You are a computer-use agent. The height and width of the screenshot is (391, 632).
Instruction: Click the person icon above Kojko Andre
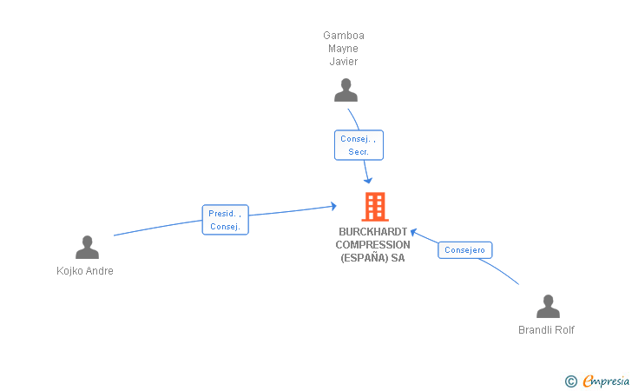(x=87, y=247)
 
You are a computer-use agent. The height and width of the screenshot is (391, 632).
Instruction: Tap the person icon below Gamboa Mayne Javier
(x=346, y=90)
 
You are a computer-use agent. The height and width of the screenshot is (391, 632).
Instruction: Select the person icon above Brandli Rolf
(x=548, y=306)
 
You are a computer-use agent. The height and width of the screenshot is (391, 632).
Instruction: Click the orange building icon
(x=375, y=207)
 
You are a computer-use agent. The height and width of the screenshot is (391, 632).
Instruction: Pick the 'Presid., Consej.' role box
(x=226, y=220)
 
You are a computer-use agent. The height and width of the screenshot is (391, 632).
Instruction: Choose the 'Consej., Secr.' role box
(x=359, y=145)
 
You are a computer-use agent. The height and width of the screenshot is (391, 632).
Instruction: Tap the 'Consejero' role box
(x=464, y=249)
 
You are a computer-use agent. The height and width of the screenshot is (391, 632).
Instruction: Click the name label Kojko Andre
(x=85, y=271)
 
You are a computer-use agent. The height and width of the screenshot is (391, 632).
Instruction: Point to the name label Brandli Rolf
(x=546, y=330)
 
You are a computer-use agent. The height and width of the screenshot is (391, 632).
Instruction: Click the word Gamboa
(x=344, y=36)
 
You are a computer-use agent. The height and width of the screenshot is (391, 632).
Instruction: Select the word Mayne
(x=344, y=49)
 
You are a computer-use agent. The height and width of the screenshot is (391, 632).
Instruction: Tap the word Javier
(x=344, y=62)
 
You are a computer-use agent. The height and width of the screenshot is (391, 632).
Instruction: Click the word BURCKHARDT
(x=373, y=232)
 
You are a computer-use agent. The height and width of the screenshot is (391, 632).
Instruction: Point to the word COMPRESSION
(x=372, y=244)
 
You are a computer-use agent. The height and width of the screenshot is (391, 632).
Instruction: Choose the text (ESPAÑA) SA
(x=372, y=258)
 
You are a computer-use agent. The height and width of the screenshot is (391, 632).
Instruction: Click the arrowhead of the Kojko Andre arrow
(x=333, y=206)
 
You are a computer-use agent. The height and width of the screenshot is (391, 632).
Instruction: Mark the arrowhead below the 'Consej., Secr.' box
(x=367, y=180)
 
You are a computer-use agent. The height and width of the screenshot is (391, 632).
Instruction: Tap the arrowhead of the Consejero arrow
(x=413, y=232)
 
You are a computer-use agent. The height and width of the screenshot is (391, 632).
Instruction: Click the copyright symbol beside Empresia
(x=571, y=381)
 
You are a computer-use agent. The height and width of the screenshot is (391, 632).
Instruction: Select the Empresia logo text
(x=606, y=381)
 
